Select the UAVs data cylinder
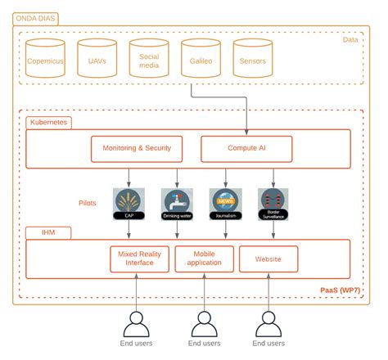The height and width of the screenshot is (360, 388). [97, 58]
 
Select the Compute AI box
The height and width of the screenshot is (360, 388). [246, 148]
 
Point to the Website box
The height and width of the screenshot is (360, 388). [268, 259]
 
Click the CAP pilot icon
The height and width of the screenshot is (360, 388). [129, 202]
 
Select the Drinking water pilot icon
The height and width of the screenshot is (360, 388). [176, 202]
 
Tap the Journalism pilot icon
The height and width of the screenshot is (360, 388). [225, 202]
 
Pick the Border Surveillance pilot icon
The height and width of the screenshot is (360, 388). [273, 202]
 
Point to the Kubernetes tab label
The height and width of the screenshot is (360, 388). [48, 122]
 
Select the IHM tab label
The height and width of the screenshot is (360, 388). [37, 233]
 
